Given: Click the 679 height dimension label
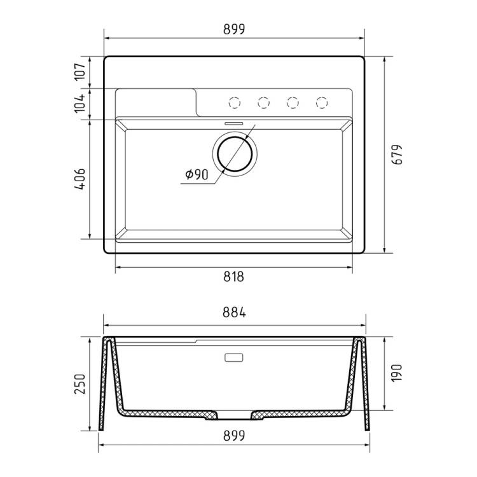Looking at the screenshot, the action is coord(397,155).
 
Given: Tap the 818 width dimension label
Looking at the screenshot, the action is coord(233,277).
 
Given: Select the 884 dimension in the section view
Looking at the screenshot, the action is coord(234,312).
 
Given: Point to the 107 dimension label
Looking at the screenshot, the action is coord(80,72).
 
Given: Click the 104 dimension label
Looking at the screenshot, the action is coord(80,104).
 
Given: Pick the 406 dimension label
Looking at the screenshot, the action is coord(80,179).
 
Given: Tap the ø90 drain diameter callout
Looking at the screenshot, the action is coord(197,175).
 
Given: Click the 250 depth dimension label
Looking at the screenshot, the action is coord(80,384).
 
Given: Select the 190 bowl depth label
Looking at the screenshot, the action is coord(397,373).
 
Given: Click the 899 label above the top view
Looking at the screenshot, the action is coord(234,29).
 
